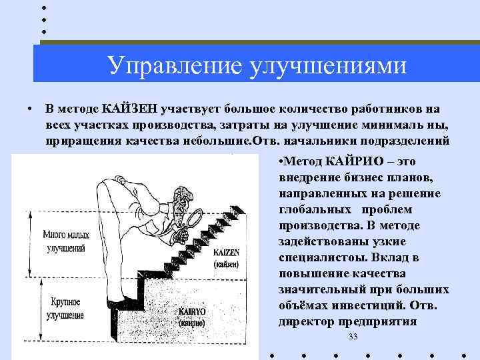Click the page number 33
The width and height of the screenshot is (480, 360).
(x=353, y=337)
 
